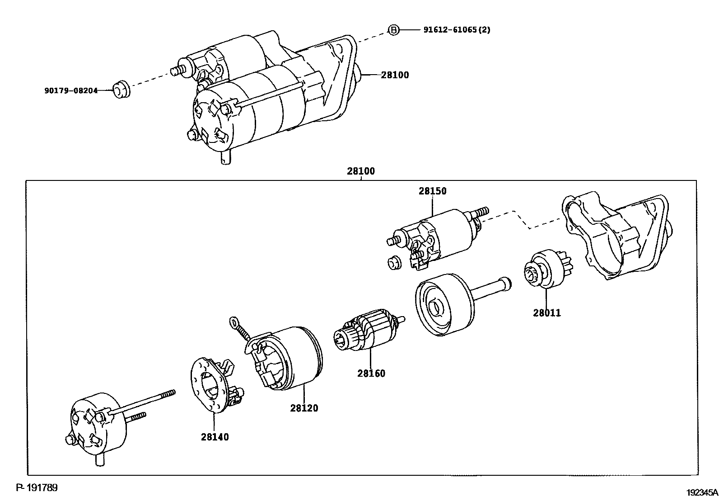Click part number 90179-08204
point(71,90)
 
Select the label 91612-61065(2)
point(457,30)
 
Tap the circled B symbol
point(394,30)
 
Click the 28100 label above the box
point(361,172)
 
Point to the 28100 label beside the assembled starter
point(395,75)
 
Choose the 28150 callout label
point(432,191)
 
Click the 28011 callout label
point(547,313)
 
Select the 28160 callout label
point(371,374)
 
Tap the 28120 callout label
point(304,408)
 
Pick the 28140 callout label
point(215,437)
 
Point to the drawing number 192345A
point(702,492)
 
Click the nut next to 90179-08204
point(121,89)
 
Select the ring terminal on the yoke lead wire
point(234,322)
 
